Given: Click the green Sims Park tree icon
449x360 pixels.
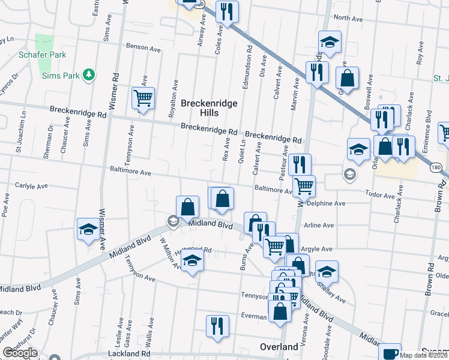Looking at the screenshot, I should pyautogui.click(x=89, y=74).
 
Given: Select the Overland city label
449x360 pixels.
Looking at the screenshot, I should pyautogui.click(x=279, y=347).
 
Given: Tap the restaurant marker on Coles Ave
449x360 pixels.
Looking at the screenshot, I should pyautogui.click(x=226, y=11).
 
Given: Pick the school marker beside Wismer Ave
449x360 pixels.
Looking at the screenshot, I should pyautogui.click(x=88, y=229).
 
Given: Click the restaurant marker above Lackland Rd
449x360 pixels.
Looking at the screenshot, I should pyautogui.click(x=217, y=325).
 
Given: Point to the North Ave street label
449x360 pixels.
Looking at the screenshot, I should pyautogui.click(x=348, y=19).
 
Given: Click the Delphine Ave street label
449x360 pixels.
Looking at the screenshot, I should pyautogui.click(x=326, y=203).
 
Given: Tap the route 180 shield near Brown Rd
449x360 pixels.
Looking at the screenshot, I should pyautogui.click(x=437, y=168).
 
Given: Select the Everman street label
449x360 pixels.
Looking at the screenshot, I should pyautogui.click(x=255, y=316).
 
